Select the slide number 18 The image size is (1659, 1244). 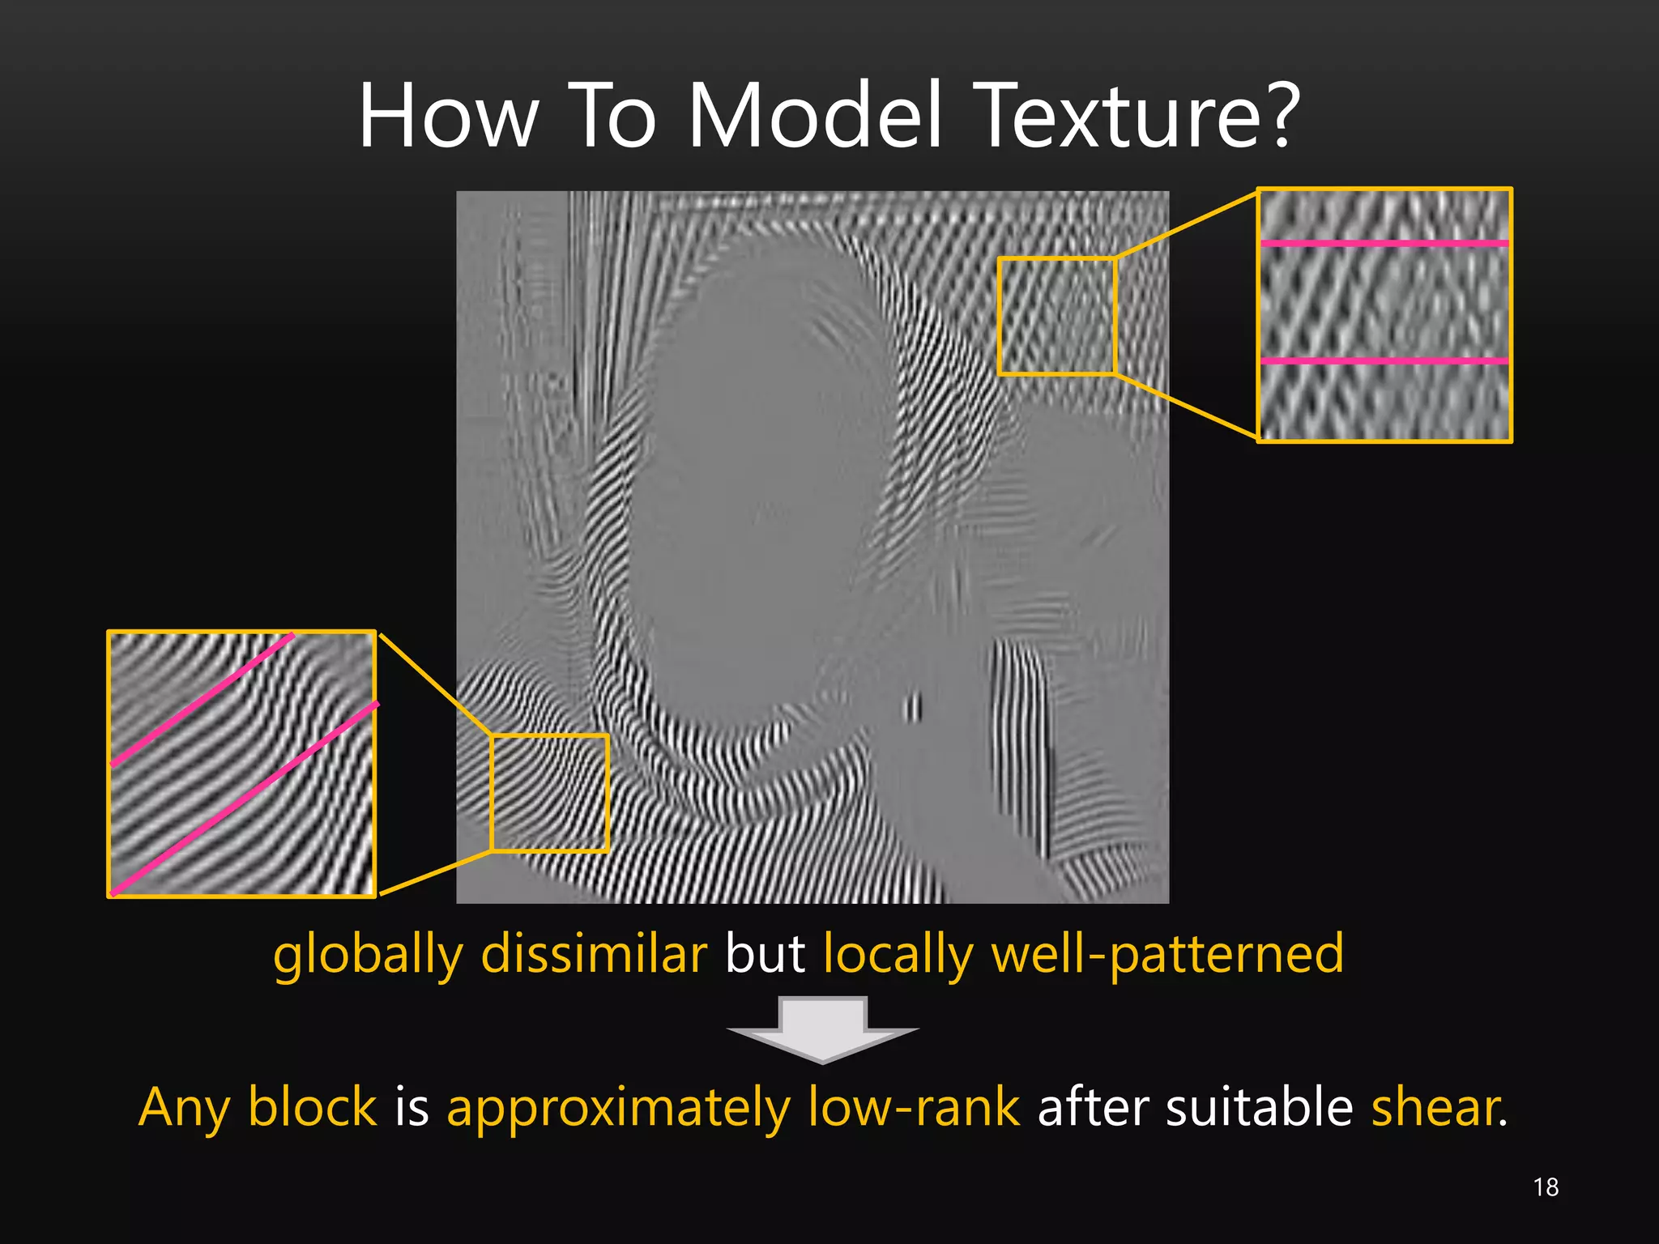click(1546, 1187)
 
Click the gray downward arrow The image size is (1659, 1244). click(823, 1029)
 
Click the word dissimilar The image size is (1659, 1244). click(594, 954)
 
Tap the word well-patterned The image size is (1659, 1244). click(1167, 954)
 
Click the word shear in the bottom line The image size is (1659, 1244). click(1435, 1107)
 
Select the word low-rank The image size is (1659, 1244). click(914, 1107)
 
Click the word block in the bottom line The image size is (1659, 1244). click(313, 1107)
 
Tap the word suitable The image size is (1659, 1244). click(1260, 1107)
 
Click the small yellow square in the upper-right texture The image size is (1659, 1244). click(1057, 316)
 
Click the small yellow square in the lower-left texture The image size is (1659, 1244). click(550, 793)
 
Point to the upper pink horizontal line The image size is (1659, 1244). click(1384, 243)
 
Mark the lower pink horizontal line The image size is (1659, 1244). click(1384, 360)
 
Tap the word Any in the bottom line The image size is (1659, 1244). click(184, 1109)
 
